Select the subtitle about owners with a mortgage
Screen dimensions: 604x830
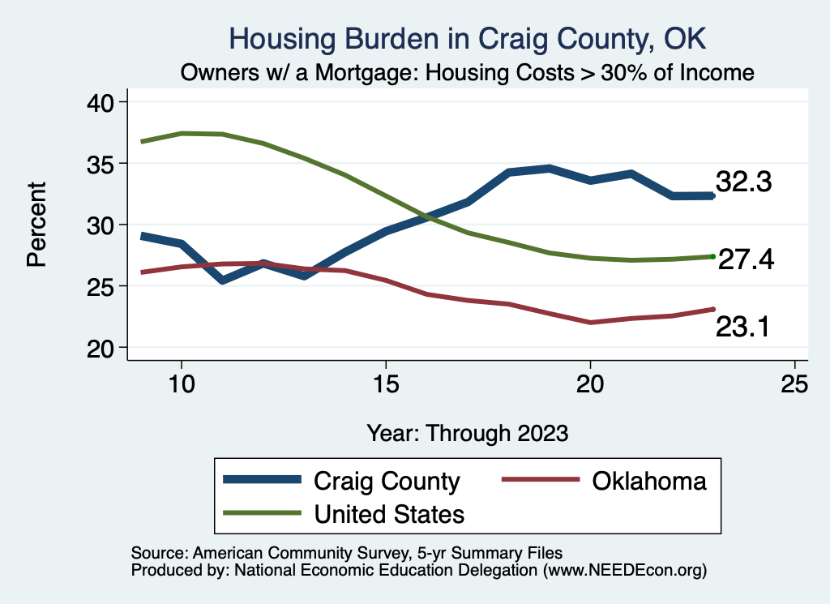468,73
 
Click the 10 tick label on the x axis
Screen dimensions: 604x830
182,383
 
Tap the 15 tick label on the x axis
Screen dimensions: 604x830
386,383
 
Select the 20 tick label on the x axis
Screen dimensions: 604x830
590,383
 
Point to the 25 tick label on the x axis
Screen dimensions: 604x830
794,383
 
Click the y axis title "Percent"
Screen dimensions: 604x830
36,225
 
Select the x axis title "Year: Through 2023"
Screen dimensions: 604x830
467,432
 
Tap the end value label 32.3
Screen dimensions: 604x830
742,182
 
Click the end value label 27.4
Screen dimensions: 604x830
746,259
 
